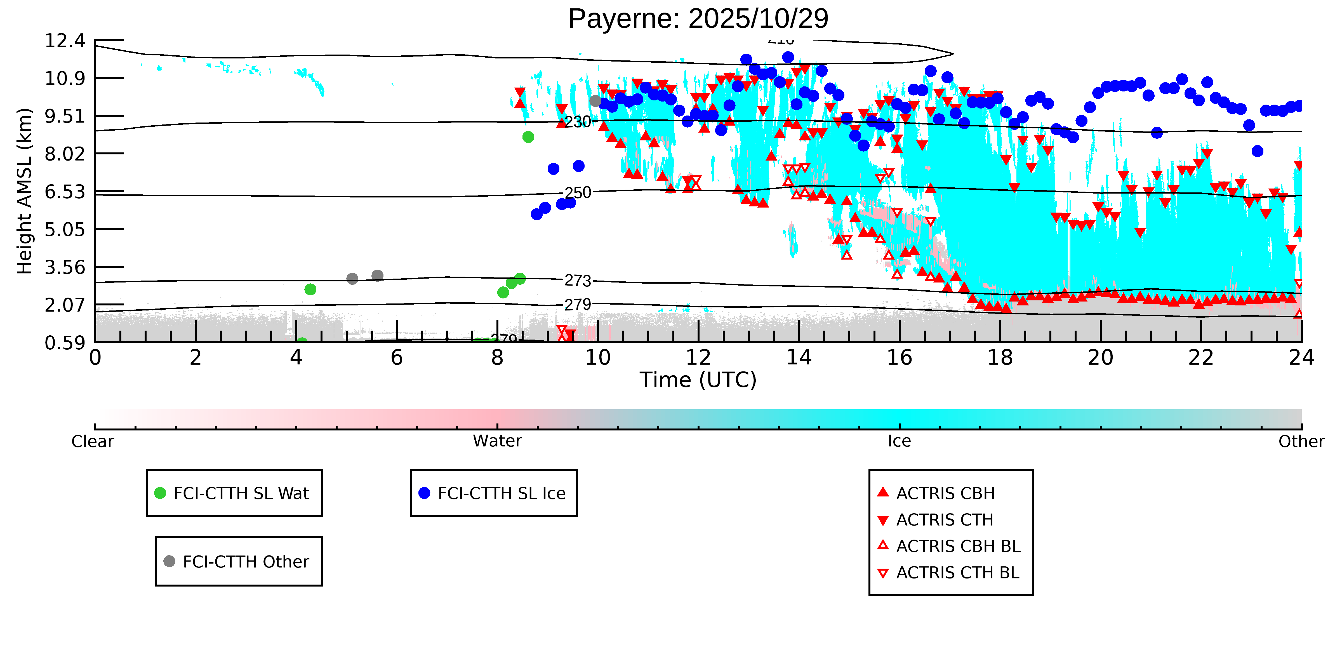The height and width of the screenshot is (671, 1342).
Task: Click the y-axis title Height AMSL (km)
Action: [x=25, y=191]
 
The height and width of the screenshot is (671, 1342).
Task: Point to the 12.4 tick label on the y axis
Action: [x=65, y=41]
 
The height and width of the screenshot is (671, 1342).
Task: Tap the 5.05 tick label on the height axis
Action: [x=65, y=229]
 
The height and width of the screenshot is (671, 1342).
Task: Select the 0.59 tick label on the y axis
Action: [x=65, y=343]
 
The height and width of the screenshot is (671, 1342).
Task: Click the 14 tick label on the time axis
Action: [x=799, y=358]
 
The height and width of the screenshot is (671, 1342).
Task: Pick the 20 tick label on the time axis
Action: [x=1100, y=358]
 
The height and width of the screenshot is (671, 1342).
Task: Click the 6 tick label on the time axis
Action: [x=396, y=358]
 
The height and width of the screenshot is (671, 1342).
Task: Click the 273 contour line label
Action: [x=578, y=281]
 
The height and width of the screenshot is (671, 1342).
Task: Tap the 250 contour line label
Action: [x=578, y=193]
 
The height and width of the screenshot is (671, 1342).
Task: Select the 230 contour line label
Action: [x=578, y=122]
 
